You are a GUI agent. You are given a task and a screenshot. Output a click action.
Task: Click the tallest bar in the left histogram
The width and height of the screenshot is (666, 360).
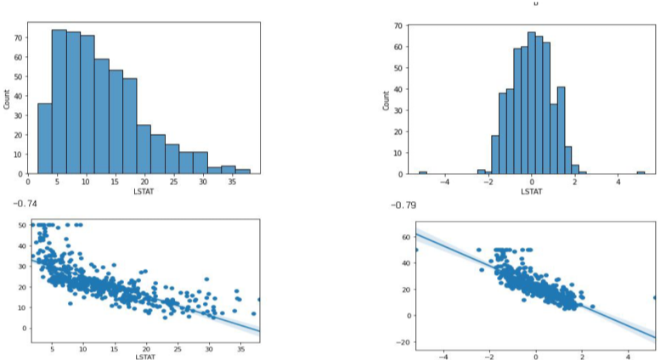(x=59, y=102)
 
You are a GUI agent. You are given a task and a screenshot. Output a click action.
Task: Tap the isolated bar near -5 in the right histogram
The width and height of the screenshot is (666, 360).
(x=422, y=172)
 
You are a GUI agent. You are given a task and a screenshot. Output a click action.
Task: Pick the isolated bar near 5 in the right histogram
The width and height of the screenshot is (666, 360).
(x=641, y=172)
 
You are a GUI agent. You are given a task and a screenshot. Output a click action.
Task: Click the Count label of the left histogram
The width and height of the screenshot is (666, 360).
(x=8, y=100)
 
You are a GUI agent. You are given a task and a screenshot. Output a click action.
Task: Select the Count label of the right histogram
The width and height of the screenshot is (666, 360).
(x=387, y=100)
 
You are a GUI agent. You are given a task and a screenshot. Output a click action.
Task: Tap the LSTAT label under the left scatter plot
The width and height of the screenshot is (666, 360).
(x=145, y=357)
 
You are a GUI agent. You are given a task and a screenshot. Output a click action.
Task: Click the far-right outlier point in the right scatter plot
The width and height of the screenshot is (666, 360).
(x=655, y=298)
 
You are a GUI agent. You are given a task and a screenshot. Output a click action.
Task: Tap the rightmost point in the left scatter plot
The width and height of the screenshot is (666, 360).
(x=260, y=300)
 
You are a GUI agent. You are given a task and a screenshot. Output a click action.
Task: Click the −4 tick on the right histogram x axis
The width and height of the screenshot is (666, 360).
(x=443, y=182)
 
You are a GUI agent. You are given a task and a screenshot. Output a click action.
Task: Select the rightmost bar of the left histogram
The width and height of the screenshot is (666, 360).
(x=243, y=171)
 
